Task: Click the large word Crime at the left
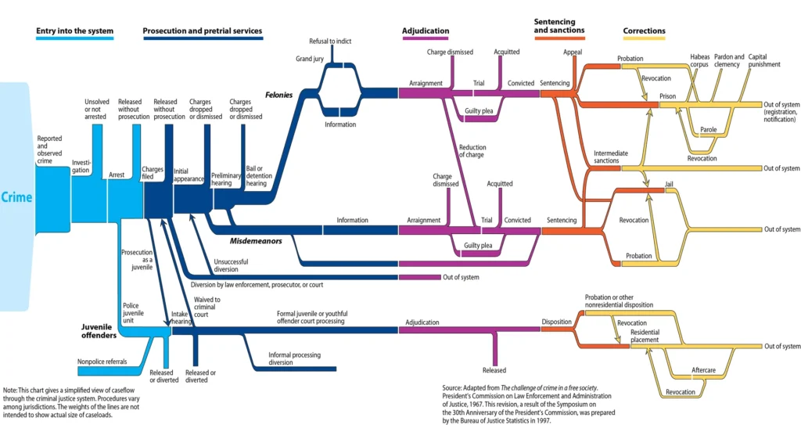tap(16, 196)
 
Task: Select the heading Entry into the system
tap(74, 32)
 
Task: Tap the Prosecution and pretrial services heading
tap(202, 32)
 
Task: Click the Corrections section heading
tap(644, 32)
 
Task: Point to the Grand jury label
tap(310, 59)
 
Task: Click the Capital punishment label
tap(764, 60)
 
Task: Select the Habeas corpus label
tap(699, 60)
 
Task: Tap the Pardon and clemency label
tap(729, 60)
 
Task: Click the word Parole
tap(708, 129)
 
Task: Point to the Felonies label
tap(278, 95)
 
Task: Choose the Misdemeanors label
tap(256, 242)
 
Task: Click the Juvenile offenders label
tap(99, 330)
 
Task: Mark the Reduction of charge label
tap(472, 151)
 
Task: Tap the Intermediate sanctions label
tap(606, 157)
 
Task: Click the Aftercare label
tap(704, 369)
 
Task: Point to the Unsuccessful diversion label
tap(232, 265)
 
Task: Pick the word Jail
tap(669, 184)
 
